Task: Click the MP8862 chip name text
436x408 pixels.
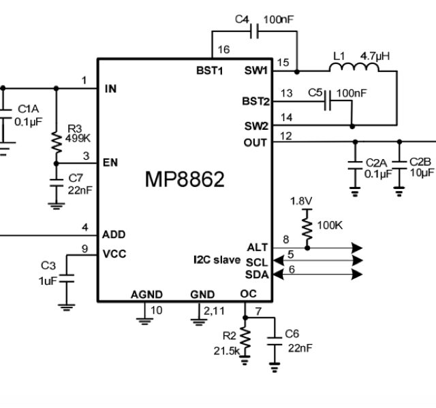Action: tap(185, 180)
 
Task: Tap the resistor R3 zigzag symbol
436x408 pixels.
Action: tap(55, 139)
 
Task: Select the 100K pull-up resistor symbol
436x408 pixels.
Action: tap(307, 225)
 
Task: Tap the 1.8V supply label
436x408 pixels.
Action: tap(302, 201)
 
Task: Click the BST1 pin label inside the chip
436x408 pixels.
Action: tap(219, 71)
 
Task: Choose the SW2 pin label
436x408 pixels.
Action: tap(255, 126)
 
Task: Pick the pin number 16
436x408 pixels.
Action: tap(224, 50)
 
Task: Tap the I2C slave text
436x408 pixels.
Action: tap(217, 260)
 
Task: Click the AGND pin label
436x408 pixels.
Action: tap(146, 294)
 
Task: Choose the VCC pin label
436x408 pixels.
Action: tap(114, 254)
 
